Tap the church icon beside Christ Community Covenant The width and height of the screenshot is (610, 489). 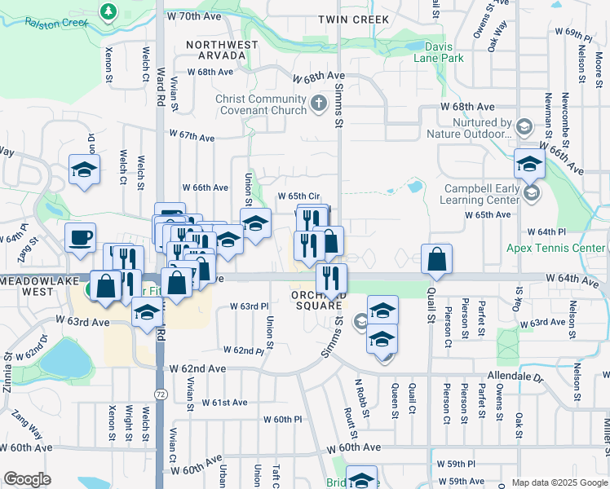(319, 104)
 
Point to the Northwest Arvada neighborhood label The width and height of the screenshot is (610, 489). (216, 50)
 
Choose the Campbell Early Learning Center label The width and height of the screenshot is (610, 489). (481, 193)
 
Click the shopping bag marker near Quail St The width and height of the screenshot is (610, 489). (437, 258)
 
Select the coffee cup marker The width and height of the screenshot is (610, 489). (80, 237)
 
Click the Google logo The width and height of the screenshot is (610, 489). (27, 479)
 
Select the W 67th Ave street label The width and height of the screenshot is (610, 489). (196, 134)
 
